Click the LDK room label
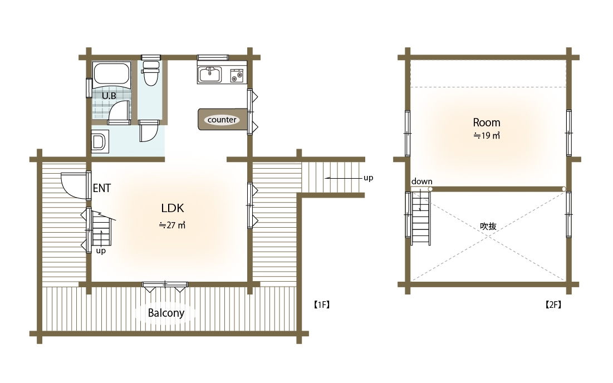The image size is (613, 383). [173, 208]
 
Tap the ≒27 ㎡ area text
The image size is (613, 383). [172, 225]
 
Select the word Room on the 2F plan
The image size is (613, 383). [486, 122]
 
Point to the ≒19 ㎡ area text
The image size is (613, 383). [487, 136]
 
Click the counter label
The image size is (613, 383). [222, 120]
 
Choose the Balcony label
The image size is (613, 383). [166, 313]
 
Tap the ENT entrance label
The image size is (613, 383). [102, 188]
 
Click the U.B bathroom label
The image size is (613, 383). [109, 96]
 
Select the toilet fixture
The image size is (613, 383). [150, 73]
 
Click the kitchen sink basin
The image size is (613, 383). [210, 75]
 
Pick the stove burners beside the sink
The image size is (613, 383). [237, 75]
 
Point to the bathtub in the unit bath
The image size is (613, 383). [111, 73]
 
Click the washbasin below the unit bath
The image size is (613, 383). [99, 141]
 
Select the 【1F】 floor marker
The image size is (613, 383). [322, 305]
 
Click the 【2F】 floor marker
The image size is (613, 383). [553, 305]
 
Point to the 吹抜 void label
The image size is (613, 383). [488, 226]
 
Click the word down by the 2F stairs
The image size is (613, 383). [422, 181]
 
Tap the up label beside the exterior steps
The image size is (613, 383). [368, 178]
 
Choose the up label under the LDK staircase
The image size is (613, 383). [101, 251]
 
